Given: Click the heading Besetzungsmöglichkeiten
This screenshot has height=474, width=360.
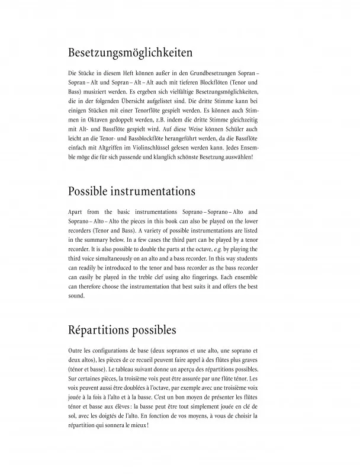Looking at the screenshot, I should (130, 53).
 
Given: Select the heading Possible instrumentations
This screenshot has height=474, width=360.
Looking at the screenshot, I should (131, 192).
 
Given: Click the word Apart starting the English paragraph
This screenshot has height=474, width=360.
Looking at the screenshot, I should (78, 211).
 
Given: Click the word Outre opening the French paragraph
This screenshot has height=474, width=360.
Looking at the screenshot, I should (76, 351).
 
